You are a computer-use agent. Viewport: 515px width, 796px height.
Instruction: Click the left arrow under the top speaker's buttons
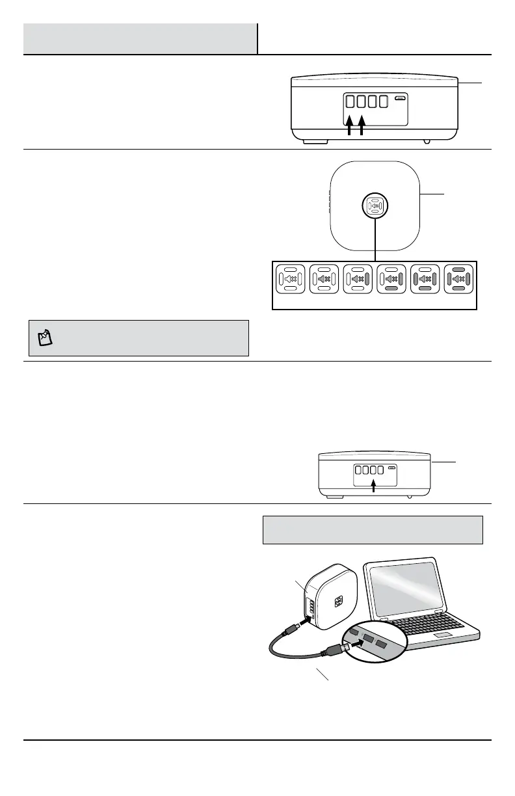349,125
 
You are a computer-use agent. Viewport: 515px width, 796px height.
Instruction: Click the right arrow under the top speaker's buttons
361,125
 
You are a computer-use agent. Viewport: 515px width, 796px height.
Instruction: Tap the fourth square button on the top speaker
384,101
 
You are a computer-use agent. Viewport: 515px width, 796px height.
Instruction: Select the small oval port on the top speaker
401,99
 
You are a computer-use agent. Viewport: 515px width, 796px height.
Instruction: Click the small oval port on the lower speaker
391,468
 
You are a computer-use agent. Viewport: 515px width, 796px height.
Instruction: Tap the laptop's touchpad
445,634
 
